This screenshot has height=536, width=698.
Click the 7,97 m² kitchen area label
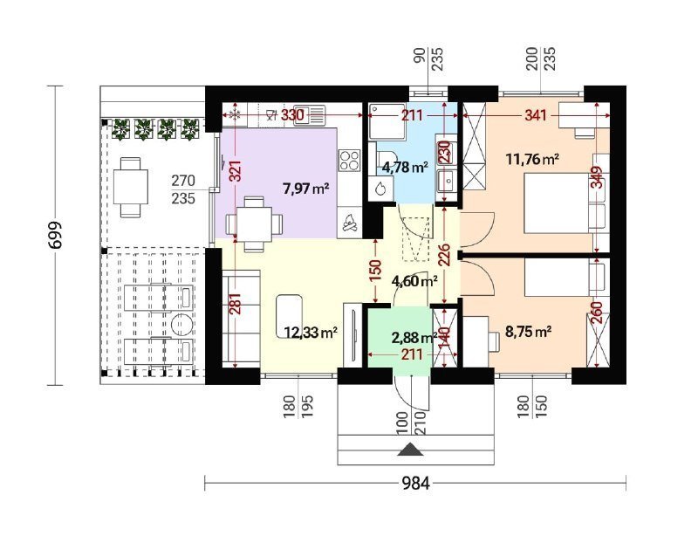(x=306, y=189)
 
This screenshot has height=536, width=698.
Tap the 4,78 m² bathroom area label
(x=405, y=167)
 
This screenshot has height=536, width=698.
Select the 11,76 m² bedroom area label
(x=533, y=159)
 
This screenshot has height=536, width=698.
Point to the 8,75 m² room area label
(x=529, y=332)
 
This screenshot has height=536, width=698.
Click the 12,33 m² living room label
(x=311, y=333)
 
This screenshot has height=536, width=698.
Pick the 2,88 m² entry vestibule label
(x=414, y=338)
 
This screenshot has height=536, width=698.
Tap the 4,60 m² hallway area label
(x=414, y=281)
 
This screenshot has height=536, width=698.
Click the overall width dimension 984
(x=416, y=483)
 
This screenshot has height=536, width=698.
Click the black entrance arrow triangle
(x=410, y=450)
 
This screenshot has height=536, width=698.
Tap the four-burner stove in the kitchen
(x=349, y=161)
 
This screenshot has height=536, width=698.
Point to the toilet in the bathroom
(x=383, y=158)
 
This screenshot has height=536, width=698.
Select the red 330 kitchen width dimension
(x=293, y=115)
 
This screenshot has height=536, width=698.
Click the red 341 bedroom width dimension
(x=536, y=116)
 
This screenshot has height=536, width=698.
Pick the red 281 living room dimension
(x=236, y=304)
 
